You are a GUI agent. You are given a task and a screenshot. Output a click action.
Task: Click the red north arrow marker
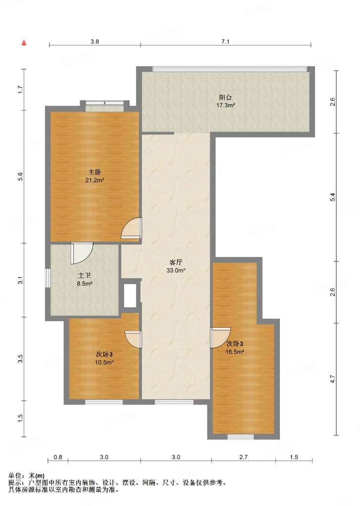pos(24,42)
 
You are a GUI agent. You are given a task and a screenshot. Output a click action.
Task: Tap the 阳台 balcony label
pos(225,97)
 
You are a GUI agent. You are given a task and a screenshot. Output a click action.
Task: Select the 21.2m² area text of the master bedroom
pos(94,180)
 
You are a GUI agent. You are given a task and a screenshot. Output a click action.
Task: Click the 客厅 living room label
pos(176,263)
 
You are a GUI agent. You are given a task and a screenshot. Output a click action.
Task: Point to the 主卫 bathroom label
pos(84,276)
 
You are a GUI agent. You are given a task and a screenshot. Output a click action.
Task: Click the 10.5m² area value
pos(104,362)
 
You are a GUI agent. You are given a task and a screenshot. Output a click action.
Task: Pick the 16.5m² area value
pos(234,352)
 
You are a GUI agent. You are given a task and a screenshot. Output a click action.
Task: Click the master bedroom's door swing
pos(132,228)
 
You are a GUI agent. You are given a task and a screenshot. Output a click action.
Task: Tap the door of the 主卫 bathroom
pos(82,253)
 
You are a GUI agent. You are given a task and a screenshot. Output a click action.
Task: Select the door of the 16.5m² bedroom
pos(220,337)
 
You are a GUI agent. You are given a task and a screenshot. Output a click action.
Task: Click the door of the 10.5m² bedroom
pos(134,339)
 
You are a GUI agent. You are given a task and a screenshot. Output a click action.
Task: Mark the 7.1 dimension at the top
pos(225,42)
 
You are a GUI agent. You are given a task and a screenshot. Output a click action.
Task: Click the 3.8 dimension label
pos(94,42)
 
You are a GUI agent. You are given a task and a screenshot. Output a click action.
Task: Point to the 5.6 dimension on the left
pos(20,176)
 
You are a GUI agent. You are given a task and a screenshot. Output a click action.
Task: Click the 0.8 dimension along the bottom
pos(58,457)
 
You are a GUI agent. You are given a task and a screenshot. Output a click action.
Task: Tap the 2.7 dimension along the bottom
pos(243,457)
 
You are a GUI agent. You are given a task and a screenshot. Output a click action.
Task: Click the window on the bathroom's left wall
pos(47,278)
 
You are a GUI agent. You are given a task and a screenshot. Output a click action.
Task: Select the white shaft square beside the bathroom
pos(130,295)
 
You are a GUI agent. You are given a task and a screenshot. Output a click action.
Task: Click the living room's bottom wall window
pos(174,402)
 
